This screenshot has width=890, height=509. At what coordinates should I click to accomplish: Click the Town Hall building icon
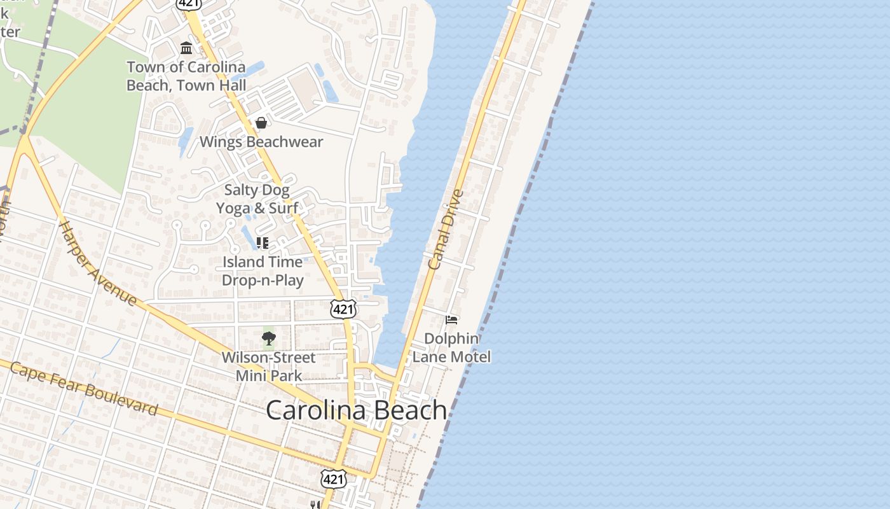[x=186, y=48]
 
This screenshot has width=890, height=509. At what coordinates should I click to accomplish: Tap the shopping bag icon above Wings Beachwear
[x=261, y=123]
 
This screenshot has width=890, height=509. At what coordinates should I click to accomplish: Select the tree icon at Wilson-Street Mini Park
[x=269, y=338]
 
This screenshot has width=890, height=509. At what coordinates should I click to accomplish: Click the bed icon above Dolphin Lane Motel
[x=451, y=319]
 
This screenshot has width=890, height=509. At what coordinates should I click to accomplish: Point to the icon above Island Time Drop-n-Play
[x=262, y=242]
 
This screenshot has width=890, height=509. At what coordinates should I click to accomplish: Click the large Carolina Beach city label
[x=356, y=410]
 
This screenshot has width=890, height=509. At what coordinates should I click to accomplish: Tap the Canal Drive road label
[x=446, y=230]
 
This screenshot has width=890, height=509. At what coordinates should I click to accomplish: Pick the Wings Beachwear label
[x=261, y=142]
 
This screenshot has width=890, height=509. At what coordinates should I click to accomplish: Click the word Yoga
[x=233, y=208]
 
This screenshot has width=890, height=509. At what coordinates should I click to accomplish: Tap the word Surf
[x=284, y=208]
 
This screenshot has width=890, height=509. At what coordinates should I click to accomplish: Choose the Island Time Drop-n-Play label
[x=263, y=271]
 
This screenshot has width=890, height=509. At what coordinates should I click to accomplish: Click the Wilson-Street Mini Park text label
[x=268, y=366]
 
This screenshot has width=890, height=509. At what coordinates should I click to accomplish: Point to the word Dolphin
[x=451, y=338]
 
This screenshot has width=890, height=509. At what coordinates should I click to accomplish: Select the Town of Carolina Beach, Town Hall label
[x=186, y=76]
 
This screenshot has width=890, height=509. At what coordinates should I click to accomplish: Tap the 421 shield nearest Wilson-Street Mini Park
[x=343, y=310]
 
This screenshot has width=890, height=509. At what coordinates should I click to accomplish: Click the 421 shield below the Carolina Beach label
[x=333, y=479]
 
